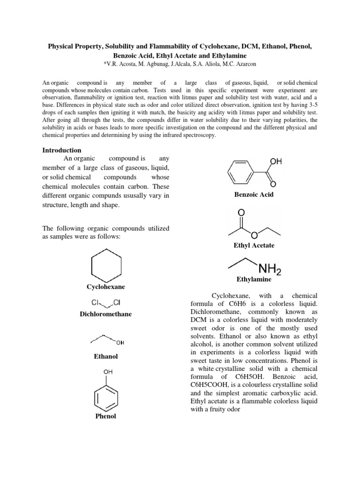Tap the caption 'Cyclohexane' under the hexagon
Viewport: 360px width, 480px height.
[105, 286]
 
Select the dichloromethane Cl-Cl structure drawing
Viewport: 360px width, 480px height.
[105, 302]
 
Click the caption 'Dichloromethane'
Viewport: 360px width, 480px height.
[105, 314]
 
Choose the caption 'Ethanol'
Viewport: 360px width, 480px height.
[105, 356]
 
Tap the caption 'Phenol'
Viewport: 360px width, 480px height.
[105, 416]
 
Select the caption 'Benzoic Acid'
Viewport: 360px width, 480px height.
[254, 194]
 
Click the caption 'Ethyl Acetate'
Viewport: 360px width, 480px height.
[254, 245]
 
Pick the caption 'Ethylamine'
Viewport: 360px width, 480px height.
[254, 279]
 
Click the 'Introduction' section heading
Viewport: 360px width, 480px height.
[62, 150]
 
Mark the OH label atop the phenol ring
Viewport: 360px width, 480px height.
[105, 372]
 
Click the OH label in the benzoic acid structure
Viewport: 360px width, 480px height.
[276, 162]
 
